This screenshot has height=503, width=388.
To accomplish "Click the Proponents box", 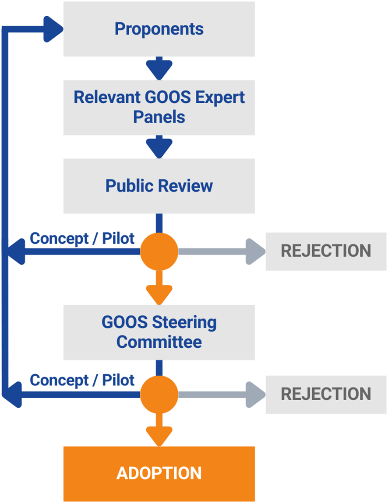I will (159, 29).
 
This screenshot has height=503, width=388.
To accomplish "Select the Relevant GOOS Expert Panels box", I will (159, 107).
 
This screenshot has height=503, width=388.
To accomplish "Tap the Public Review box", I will (159, 185).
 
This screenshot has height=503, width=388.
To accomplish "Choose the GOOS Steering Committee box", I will (159, 332).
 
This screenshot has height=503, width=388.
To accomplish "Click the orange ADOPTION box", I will (159, 473).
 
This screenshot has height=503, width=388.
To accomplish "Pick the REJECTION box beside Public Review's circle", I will (326, 251).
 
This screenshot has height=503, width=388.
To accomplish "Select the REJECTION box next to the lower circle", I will (326, 394).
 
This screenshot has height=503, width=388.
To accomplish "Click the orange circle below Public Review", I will (159, 251).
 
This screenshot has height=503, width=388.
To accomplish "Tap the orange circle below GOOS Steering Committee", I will (159, 394).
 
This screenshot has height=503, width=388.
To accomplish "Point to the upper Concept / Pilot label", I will (82, 238).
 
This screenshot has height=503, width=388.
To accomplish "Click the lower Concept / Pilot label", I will (82, 380).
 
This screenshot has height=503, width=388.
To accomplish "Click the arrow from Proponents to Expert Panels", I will (159, 68).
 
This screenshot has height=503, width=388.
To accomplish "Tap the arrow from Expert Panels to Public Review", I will (159, 147).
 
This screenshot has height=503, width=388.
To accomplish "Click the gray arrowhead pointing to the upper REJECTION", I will (254, 251).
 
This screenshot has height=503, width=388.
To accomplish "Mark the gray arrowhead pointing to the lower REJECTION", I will (254, 394).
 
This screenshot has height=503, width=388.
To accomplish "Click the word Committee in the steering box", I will (159, 342).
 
